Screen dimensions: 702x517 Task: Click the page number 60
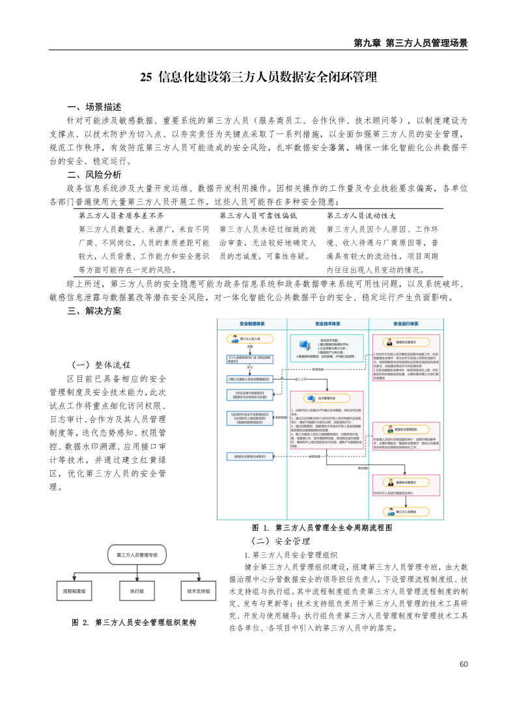[x=464, y=664]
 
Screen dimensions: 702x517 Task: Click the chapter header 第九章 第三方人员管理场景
[x=410, y=44]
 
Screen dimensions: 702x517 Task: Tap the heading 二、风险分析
[x=94, y=175]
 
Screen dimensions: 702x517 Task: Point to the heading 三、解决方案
[x=94, y=311]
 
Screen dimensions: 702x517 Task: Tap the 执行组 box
[x=137, y=591]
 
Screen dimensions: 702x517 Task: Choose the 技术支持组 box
[x=199, y=591]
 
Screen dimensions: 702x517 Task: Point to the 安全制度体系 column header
[x=251, y=323]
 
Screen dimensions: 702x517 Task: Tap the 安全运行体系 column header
[x=406, y=323]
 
